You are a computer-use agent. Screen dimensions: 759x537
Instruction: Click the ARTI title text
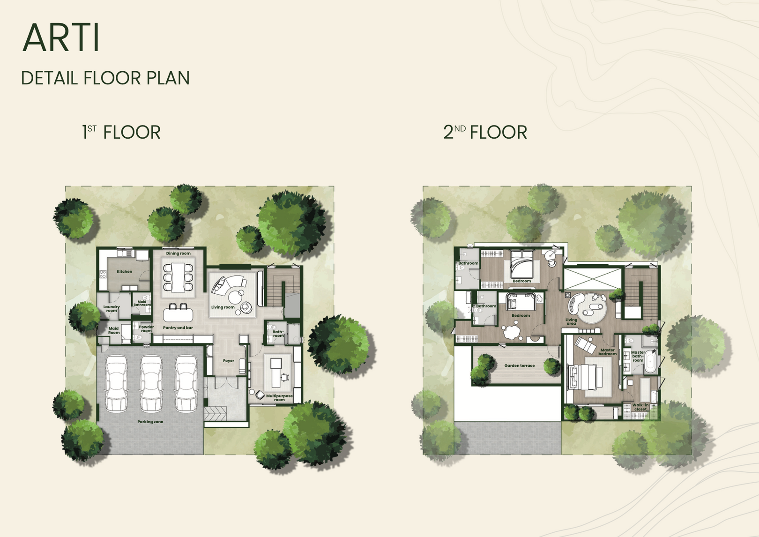pos(61,37)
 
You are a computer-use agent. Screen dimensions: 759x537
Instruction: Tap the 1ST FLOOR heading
pos(121,132)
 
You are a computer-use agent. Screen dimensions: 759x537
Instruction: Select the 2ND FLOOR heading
pos(485,132)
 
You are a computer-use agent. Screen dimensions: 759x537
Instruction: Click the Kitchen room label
pos(124,271)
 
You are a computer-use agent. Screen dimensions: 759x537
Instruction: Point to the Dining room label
pos(178,254)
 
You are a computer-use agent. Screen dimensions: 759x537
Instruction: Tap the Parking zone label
pos(150,422)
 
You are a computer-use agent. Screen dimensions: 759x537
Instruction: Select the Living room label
pos(223,307)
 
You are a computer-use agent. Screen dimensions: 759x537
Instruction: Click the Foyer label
pos(228,361)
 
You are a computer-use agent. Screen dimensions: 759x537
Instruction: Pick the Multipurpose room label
pos(279,398)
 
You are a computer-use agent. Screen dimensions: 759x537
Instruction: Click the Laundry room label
pos(112,309)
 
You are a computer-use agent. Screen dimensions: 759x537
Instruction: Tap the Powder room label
pos(146,328)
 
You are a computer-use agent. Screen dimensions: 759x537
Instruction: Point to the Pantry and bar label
pos(178,328)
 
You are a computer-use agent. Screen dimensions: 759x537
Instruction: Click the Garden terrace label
pos(520,365)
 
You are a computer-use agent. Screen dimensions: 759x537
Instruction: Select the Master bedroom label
pos(607,352)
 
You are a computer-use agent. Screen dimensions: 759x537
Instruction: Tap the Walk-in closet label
pos(640,407)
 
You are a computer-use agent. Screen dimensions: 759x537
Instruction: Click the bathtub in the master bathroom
pos(650,361)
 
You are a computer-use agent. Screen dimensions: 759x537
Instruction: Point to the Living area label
pos(571,321)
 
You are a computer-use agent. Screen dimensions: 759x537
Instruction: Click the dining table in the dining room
pos(178,277)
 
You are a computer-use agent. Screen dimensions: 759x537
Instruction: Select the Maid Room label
pos(114,330)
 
